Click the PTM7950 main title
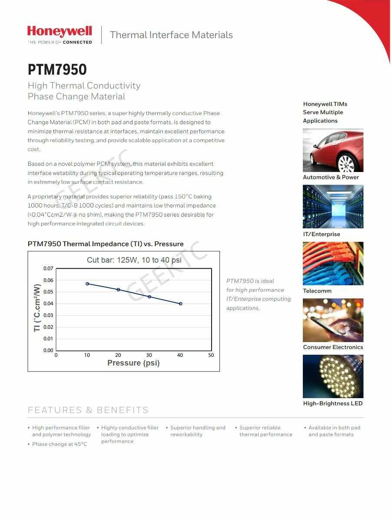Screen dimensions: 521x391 tap(57, 69)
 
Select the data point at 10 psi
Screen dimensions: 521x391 tap(87, 284)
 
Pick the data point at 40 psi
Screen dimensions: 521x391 tap(180, 303)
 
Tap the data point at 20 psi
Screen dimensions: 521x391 tap(118, 290)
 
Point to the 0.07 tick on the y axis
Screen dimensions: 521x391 tap(48, 268)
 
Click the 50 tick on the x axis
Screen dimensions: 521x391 tap(211, 355)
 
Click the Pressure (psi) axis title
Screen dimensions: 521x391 tap(133, 363)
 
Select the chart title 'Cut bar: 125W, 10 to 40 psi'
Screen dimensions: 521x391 tap(134, 260)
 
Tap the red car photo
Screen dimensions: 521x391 tap(333, 150)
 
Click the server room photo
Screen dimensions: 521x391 tap(333, 207)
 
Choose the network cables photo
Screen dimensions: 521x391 tap(333, 264)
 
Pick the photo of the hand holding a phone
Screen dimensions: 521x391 tap(333, 320)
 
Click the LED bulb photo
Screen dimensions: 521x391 tap(333, 376)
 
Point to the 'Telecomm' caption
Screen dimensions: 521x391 tap(317, 291)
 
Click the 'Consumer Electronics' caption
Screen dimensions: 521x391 tap(333, 347)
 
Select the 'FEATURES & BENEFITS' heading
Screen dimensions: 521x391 tap(88, 410)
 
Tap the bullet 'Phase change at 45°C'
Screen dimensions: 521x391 tap(60, 444)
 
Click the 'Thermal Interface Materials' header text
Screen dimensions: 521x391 tap(171, 35)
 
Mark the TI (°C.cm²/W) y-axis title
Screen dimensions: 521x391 tap(37, 308)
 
